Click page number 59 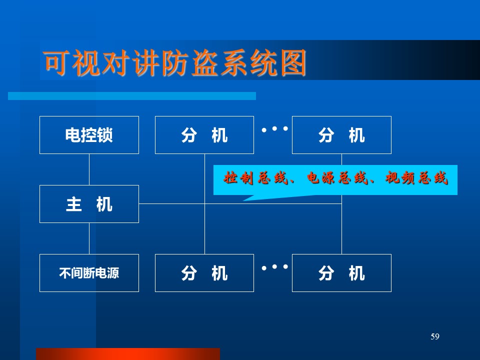[435, 336]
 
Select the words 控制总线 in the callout [256, 178]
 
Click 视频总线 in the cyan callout [416, 178]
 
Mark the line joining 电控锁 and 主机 [89, 169]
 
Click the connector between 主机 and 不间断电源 [89, 238]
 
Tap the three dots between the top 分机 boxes [274, 129]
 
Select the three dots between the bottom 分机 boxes [274, 267]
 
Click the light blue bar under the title [132, 96]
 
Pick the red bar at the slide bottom [128, 354]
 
